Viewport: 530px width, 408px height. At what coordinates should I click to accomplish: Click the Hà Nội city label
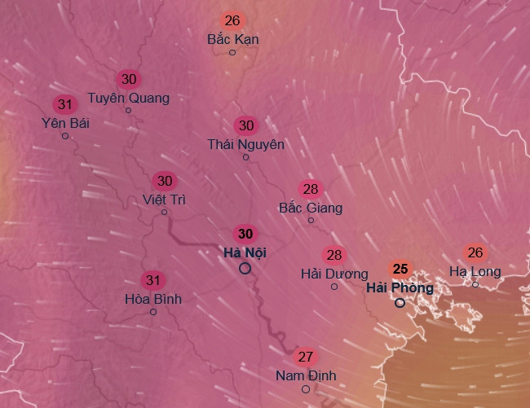[245, 253]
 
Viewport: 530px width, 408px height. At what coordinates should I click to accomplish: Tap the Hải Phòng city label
[400, 287]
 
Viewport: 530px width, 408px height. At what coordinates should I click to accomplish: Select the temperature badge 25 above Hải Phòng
[400, 269]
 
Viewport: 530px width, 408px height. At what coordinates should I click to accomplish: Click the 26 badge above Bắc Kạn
[232, 20]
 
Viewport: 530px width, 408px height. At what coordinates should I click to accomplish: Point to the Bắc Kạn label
[232, 38]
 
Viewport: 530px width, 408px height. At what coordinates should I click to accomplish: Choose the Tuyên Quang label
[129, 98]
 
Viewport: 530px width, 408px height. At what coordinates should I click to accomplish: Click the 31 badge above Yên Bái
[65, 104]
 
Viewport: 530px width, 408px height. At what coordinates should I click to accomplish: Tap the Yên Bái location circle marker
[65, 136]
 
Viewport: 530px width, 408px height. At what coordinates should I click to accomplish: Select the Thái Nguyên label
[245, 144]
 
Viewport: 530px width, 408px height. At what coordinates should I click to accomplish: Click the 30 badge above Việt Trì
[165, 181]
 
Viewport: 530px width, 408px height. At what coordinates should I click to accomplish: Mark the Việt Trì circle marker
[165, 213]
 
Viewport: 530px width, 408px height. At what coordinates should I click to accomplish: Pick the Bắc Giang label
[311, 208]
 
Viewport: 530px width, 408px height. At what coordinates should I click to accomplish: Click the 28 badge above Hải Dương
[333, 255]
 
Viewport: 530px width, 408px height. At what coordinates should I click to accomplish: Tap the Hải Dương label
[333, 274]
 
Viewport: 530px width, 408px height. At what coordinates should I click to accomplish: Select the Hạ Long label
[475, 271]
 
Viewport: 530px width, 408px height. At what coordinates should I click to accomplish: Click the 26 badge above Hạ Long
[475, 252]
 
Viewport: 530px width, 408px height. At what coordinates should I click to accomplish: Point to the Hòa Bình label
[153, 299]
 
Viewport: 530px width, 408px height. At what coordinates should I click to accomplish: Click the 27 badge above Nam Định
[306, 357]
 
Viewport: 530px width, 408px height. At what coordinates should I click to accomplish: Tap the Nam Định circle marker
[306, 389]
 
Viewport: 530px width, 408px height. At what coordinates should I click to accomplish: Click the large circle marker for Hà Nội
[245, 268]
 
